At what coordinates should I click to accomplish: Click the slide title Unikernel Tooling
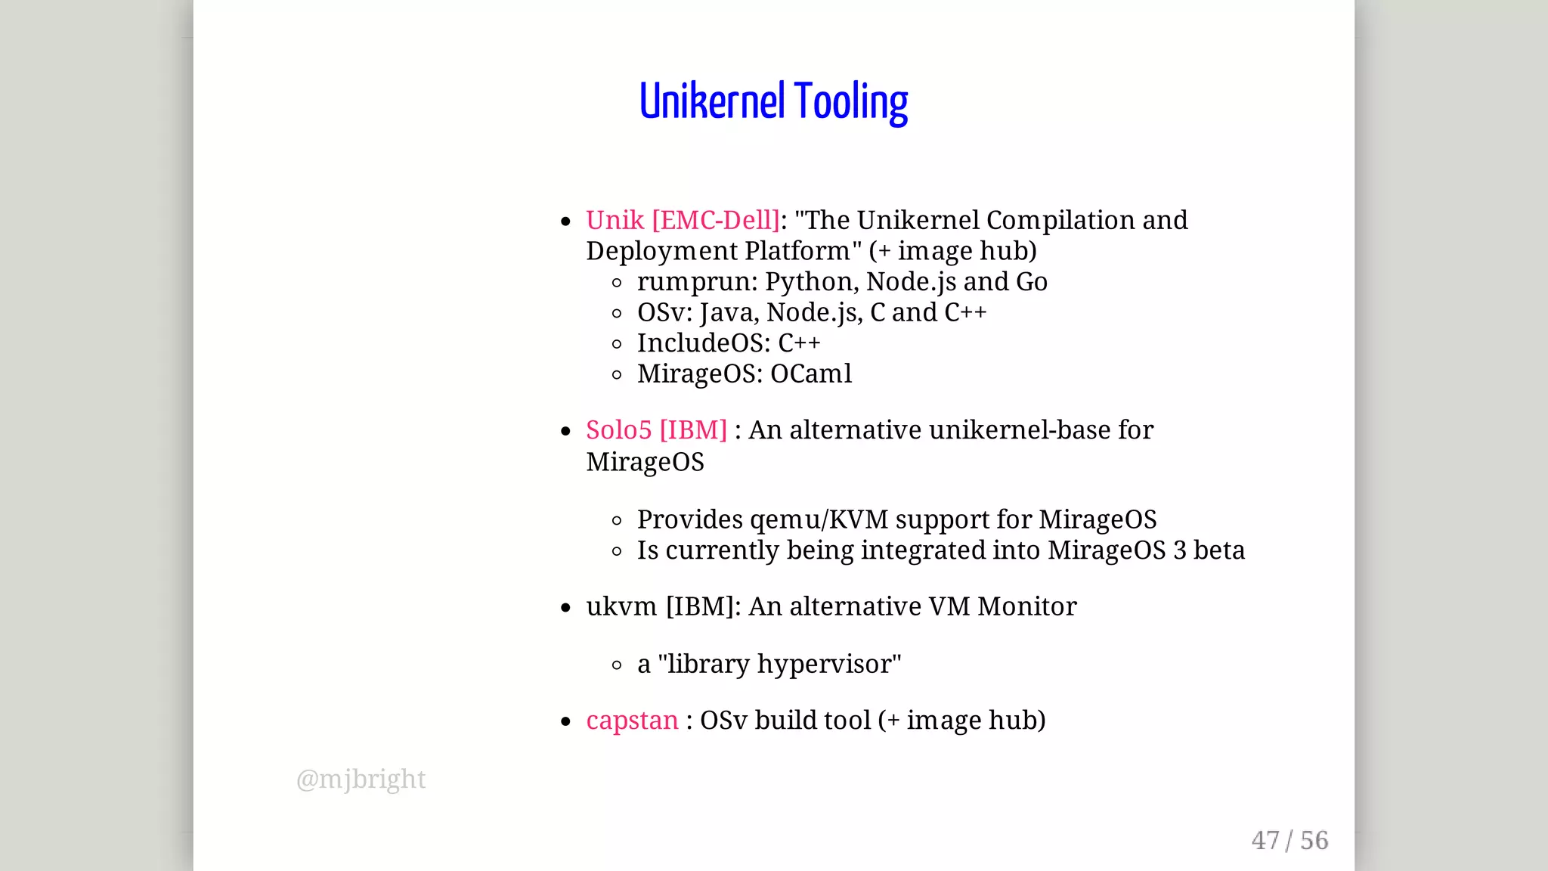(773, 102)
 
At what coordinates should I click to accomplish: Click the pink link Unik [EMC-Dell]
(683, 220)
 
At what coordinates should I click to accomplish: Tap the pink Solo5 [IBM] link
(656, 429)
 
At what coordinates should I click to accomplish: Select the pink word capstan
(632, 721)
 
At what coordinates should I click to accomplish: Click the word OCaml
(810, 374)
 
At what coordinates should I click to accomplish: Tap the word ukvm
(621, 606)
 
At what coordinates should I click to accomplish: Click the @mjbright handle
(361, 779)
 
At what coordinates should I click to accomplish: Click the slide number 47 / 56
(1289, 840)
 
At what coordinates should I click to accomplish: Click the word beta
(1218, 550)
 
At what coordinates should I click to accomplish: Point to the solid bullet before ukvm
(565, 608)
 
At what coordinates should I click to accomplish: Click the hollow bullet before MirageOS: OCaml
(617, 374)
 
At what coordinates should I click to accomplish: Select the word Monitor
(1026, 606)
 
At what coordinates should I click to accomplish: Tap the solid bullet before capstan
(565, 722)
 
